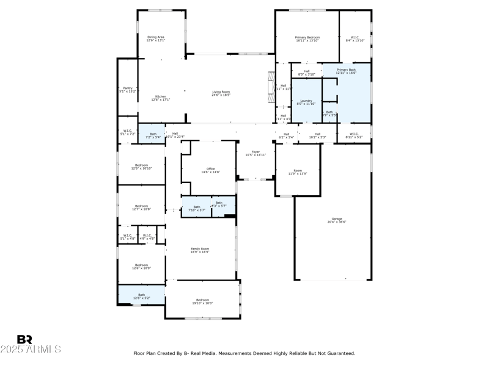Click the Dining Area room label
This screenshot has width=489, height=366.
[x=156, y=37]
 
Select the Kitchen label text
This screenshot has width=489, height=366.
[x=160, y=96]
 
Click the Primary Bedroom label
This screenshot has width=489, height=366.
[x=307, y=38]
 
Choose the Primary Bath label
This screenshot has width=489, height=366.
[x=346, y=70]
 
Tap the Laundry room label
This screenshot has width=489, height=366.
[x=306, y=101]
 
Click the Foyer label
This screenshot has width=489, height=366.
[x=256, y=152]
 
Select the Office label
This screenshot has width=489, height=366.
[x=210, y=169]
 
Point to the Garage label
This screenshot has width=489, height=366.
[x=337, y=219]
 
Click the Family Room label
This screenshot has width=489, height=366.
[x=200, y=249]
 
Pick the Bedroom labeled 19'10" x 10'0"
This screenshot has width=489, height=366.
[x=202, y=300]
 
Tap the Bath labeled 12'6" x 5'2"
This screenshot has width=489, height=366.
[x=141, y=295]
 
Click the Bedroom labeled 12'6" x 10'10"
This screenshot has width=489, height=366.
[x=141, y=165]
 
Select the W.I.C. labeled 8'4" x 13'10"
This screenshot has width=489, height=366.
[x=355, y=38]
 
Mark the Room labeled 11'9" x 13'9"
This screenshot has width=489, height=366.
[x=298, y=171]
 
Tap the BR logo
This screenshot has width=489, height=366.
[x=24, y=339]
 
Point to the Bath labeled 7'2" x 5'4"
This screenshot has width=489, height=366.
[x=153, y=134]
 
